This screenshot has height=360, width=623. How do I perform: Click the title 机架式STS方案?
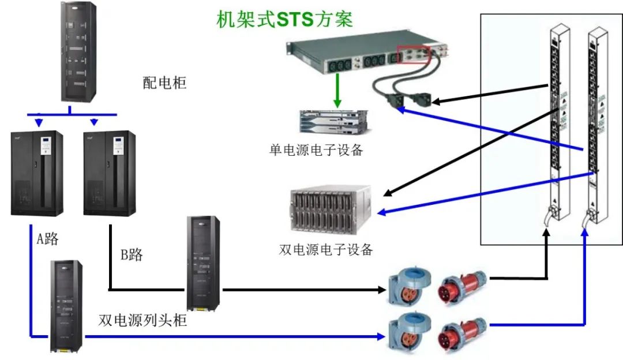284,19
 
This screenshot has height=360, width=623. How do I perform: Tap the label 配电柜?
164,82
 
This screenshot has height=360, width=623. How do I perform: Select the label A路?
47,239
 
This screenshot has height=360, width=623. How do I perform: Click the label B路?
132,254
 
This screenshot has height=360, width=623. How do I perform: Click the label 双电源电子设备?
326,250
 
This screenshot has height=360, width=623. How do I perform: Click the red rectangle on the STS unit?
412,54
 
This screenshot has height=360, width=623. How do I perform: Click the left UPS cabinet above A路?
37,173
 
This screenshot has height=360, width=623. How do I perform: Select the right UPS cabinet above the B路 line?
110,173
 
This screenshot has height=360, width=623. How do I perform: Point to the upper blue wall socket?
407,287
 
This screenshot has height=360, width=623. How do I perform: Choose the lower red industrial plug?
462,337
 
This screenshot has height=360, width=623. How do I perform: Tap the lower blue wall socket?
407,333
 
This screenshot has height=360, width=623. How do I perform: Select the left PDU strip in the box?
557,121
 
